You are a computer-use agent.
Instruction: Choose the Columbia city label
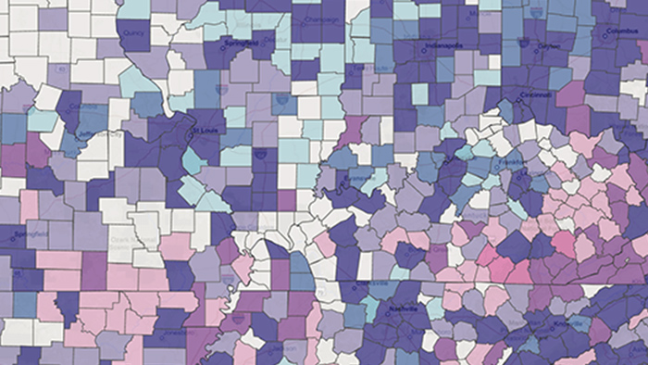coord(88,107)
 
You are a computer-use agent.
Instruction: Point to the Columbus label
coord(626,31)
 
